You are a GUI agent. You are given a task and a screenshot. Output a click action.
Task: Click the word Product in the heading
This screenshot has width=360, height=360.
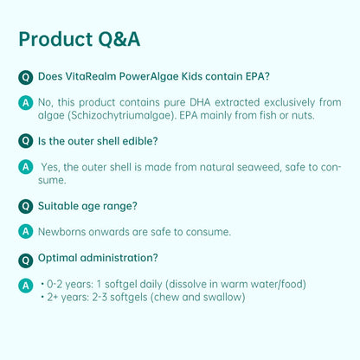54,40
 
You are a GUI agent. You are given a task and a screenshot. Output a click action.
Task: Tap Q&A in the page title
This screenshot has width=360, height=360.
118,40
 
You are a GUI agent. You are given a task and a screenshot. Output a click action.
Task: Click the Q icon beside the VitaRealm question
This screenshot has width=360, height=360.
26,77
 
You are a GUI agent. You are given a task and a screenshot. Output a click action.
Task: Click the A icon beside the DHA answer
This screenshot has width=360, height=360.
26,102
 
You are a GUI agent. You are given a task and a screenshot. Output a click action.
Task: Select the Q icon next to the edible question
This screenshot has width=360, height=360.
26,141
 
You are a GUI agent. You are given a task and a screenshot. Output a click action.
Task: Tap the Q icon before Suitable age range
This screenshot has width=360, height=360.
26,206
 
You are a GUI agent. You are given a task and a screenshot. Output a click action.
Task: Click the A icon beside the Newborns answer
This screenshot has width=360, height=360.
26,231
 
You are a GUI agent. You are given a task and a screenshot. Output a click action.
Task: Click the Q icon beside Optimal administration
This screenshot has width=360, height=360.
26,258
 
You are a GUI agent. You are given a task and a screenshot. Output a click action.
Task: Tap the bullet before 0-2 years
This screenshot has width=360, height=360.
42,284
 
